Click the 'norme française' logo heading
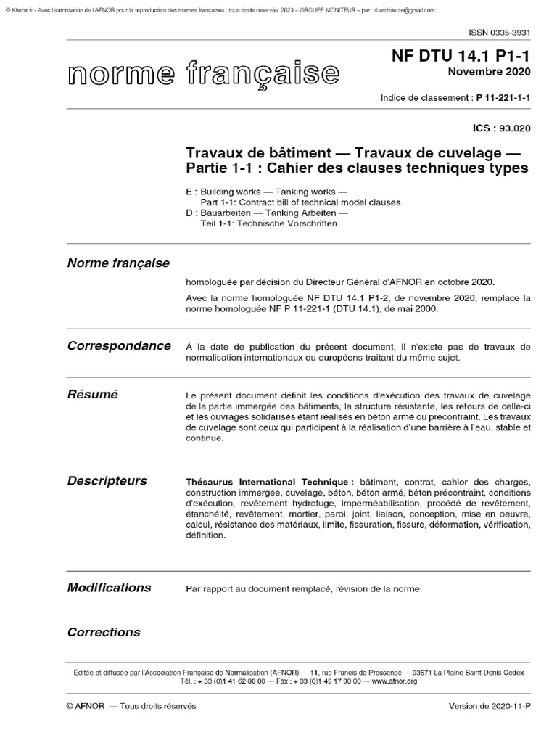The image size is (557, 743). click(202, 73)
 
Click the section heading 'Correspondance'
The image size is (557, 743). click(119, 345)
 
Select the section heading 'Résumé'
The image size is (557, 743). click(92, 395)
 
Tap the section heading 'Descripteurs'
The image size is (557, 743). click(107, 480)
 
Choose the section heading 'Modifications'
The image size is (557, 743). click(109, 587)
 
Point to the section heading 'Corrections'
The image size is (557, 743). click(103, 632)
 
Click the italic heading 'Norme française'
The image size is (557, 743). click(118, 263)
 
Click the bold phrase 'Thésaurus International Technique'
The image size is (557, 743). click(270, 482)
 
